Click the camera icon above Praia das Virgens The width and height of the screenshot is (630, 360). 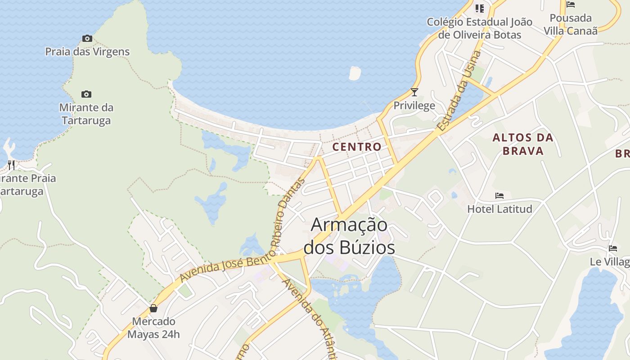pyautogui.click(x=87, y=39)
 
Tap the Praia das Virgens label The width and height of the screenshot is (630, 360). pyautogui.click(x=87, y=52)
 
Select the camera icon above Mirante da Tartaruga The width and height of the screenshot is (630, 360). pyautogui.click(x=86, y=94)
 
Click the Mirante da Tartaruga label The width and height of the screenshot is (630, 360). pyautogui.click(x=86, y=114)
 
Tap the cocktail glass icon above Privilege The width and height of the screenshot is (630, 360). pyautogui.click(x=414, y=92)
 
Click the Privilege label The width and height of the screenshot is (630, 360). pyautogui.click(x=414, y=106)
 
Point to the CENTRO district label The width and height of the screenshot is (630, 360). pyautogui.click(x=357, y=147)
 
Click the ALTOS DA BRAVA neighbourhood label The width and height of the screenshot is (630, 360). pyautogui.click(x=523, y=144)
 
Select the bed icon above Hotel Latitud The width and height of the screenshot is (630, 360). pyautogui.click(x=499, y=196)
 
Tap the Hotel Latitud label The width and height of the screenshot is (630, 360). pyautogui.click(x=499, y=209)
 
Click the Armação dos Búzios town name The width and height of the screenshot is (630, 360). pyautogui.click(x=349, y=235)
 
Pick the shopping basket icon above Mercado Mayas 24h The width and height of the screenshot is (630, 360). pyautogui.click(x=153, y=308)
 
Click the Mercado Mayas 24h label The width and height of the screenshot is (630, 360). pyautogui.click(x=153, y=328)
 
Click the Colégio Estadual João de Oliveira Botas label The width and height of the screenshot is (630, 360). pyautogui.click(x=480, y=28)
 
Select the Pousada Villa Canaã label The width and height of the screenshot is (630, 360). pyautogui.click(x=571, y=24)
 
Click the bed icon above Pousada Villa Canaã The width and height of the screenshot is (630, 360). pyautogui.click(x=571, y=5)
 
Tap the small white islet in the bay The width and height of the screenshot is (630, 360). pyautogui.click(x=355, y=73)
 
